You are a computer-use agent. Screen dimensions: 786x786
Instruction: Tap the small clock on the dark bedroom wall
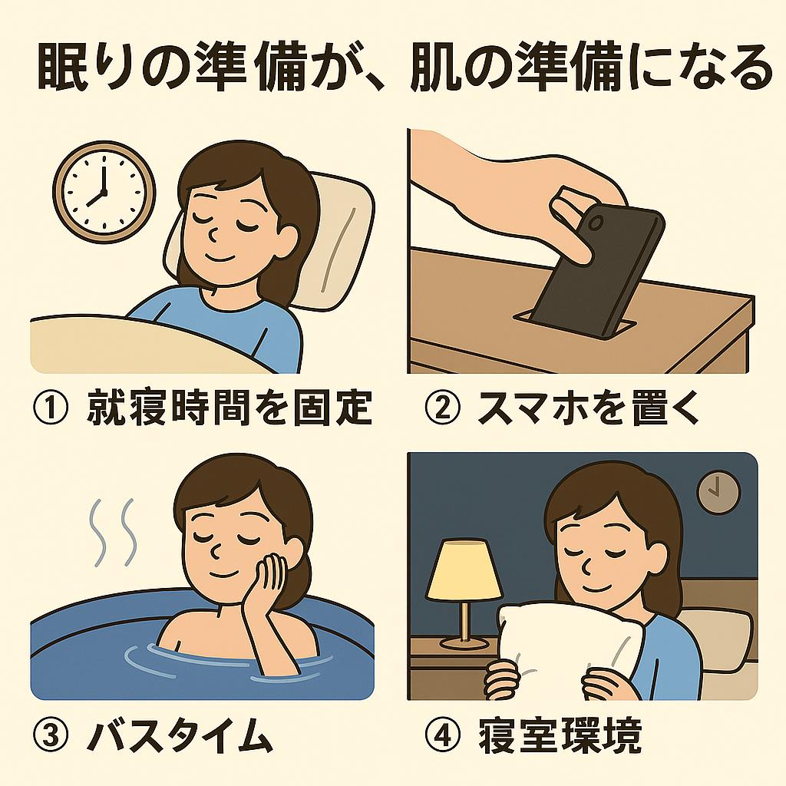pos(718,491)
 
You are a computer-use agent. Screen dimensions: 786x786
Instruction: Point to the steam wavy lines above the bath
pos(114,530)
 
